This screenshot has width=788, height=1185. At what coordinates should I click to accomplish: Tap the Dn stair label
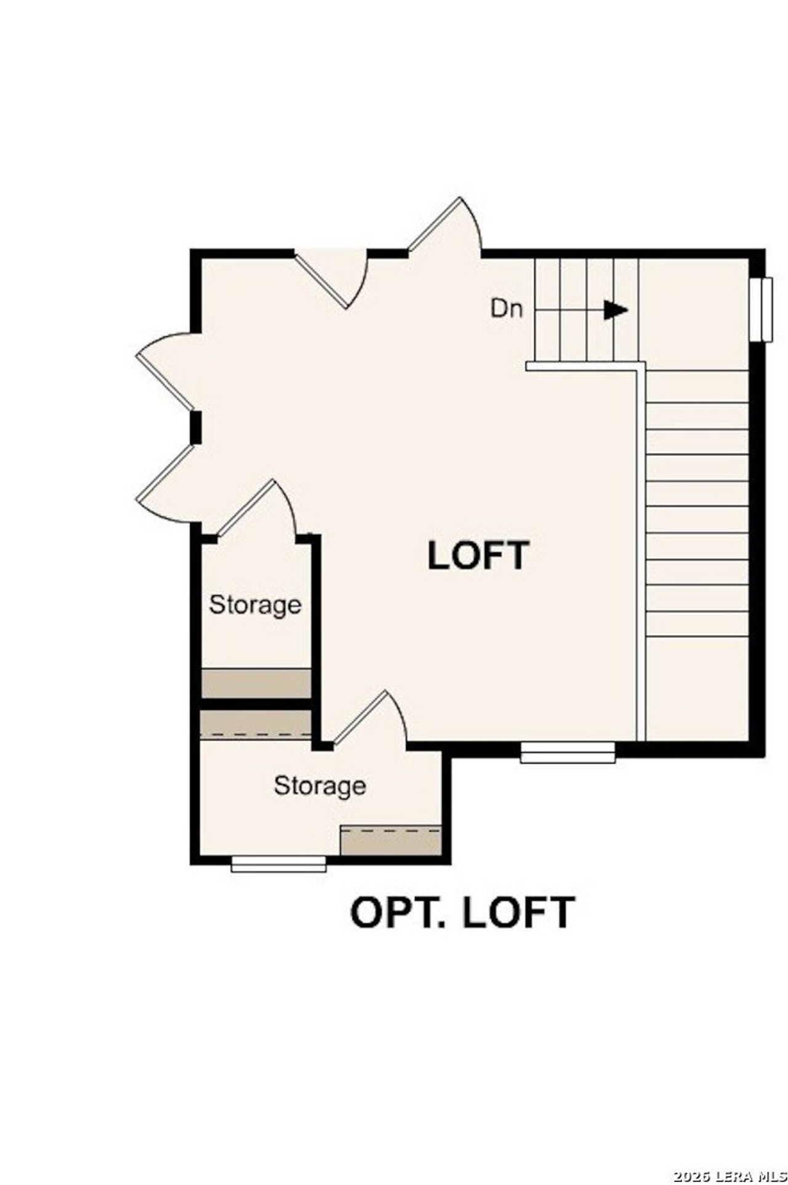(507, 308)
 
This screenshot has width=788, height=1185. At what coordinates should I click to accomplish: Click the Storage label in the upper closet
(255, 605)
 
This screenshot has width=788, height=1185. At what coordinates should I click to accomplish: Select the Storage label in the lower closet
(320, 786)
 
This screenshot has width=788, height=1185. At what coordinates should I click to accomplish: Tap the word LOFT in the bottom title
(518, 913)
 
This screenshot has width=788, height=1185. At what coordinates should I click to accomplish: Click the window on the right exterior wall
(765, 309)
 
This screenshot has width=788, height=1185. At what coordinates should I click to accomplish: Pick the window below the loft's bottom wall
(568, 752)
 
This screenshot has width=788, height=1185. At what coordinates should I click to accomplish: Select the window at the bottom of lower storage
(278, 863)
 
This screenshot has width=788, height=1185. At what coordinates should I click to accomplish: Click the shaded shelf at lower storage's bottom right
(391, 841)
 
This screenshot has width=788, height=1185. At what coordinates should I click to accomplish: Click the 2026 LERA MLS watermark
(730, 1176)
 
